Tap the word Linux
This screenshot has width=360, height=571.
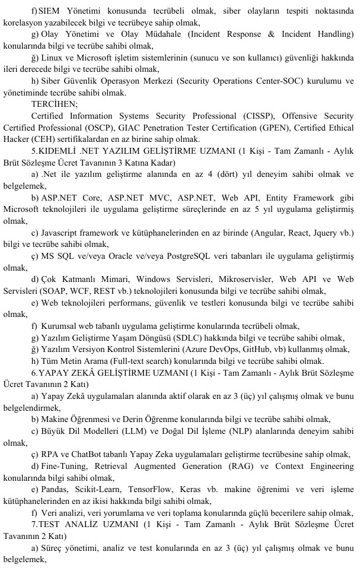click(x=55, y=58)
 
